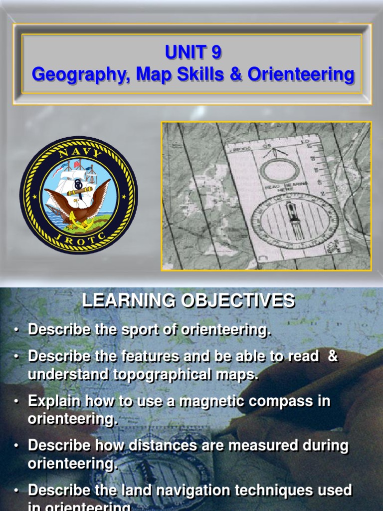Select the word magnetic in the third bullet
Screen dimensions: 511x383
(x=196, y=401)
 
